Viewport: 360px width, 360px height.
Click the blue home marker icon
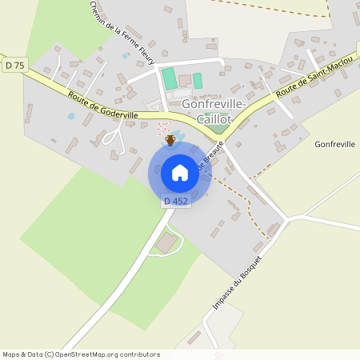pyautogui.click(x=179, y=172)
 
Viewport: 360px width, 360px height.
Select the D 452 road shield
pyautogui.click(x=176, y=202)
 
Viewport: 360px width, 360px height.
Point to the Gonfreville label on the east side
pyautogui.click(x=335, y=144)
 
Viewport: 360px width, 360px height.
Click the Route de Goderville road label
pyautogui.click(x=103, y=106)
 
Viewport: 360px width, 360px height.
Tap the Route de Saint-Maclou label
pyautogui.click(x=308, y=81)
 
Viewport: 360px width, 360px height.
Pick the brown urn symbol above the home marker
pyautogui.click(x=170, y=142)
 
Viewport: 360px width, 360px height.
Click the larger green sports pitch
pyautogui.click(x=170, y=79)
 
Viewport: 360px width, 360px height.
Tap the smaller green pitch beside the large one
pyautogui.click(x=198, y=81)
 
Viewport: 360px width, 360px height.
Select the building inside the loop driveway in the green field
pyautogui.click(x=167, y=243)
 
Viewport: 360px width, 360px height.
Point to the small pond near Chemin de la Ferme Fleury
pyautogui.click(x=123, y=58)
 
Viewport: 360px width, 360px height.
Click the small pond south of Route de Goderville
pyautogui.click(x=72, y=116)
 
